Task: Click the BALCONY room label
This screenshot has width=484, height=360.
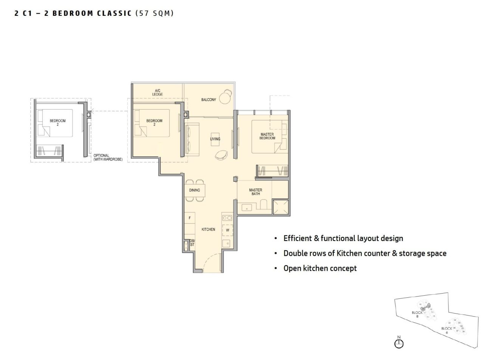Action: pyautogui.click(x=208, y=100)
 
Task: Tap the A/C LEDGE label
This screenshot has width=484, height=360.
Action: pyautogui.click(x=158, y=92)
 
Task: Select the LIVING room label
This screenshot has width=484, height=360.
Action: pyautogui.click(x=215, y=139)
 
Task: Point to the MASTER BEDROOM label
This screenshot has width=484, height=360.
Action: pyautogui.click(x=267, y=136)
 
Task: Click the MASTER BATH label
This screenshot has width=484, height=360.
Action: pyautogui.click(x=256, y=192)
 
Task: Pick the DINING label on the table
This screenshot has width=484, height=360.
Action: pyautogui.click(x=195, y=190)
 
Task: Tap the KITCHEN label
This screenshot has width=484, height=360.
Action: pyautogui.click(x=208, y=229)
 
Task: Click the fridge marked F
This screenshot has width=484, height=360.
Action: pyautogui.click(x=189, y=218)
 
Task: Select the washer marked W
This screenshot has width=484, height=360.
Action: pyautogui.click(x=228, y=230)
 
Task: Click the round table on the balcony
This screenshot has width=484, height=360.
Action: pyautogui.click(x=228, y=93)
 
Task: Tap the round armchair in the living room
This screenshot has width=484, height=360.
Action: pyautogui.click(x=221, y=154)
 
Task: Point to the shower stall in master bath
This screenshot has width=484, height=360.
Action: pyautogui.click(x=281, y=206)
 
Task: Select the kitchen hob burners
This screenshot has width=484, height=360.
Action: pyautogui.click(x=227, y=218)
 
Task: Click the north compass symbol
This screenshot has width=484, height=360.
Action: pyautogui.click(x=399, y=343)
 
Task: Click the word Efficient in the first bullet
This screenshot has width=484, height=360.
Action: pyautogui.click(x=298, y=238)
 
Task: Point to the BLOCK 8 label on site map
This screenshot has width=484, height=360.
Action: pyautogui.click(x=417, y=314)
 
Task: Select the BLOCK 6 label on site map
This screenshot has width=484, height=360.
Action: pyautogui.click(x=447, y=330)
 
